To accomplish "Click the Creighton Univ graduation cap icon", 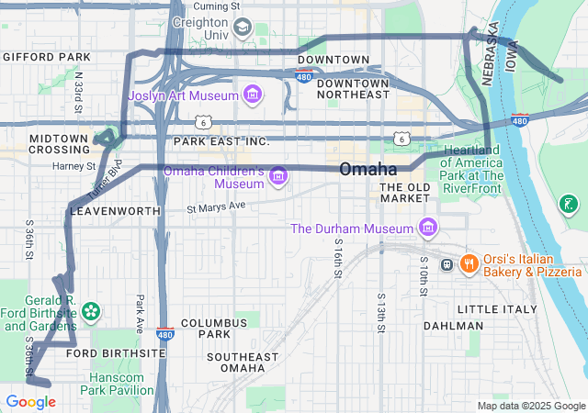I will click(242, 28).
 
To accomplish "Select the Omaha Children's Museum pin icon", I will click(277, 176).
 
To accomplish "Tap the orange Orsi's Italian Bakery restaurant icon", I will click(469, 264).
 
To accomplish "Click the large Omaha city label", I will click(367, 170).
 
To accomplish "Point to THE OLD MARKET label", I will click(405, 193).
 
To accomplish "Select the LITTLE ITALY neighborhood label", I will click(497, 309).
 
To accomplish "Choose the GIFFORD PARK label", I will click(46, 57).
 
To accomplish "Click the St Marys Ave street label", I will click(216, 207).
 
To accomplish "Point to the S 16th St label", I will click(338, 259).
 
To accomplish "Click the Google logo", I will click(30, 402).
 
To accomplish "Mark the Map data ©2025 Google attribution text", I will click(530, 407).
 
